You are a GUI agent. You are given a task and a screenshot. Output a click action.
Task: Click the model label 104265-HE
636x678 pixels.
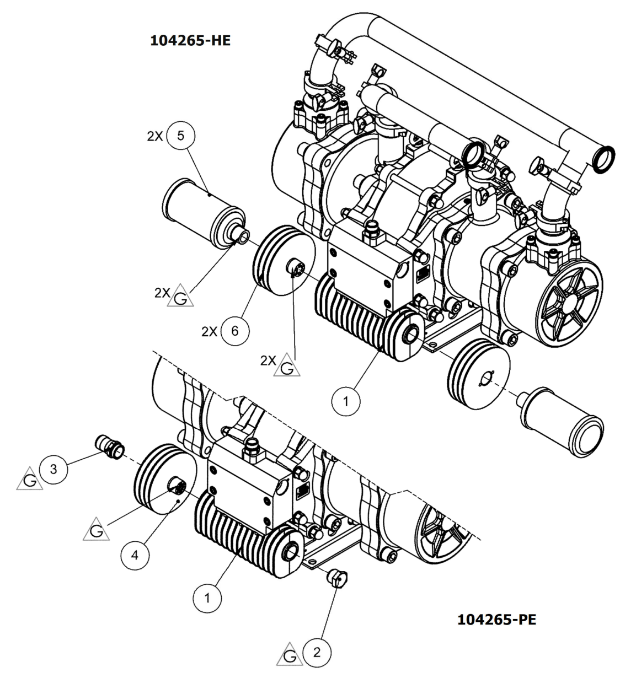[190, 41]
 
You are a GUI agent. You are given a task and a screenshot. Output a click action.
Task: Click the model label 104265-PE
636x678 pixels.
[496, 620]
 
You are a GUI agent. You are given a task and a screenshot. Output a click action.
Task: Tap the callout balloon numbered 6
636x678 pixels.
[234, 331]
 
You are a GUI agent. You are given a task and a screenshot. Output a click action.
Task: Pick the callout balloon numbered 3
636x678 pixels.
[54, 470]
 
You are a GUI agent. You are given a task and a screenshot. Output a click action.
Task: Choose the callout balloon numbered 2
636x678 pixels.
[317, 653]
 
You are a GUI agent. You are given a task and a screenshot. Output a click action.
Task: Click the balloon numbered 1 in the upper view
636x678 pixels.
[346, 401]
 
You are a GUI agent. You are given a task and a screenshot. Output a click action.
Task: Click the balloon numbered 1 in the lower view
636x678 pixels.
[207, 598]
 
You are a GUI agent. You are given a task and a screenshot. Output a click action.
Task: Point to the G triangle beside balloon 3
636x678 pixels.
[29, 480]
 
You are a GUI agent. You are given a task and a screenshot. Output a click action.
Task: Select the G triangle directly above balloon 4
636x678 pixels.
[95, 530]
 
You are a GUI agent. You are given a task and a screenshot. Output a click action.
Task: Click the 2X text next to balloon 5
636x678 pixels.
[155, 136]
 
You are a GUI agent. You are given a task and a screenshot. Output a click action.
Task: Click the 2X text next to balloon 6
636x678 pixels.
[210, 331]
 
